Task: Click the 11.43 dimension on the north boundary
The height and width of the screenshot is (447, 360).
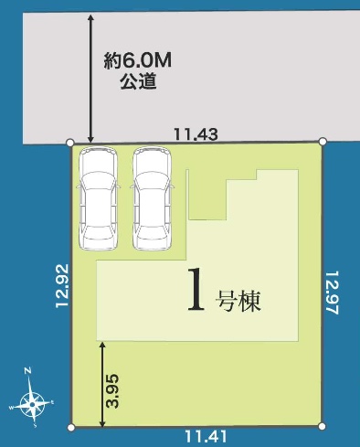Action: click(x=196, y=134)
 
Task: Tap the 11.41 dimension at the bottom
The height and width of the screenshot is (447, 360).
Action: click(x=206, y=436)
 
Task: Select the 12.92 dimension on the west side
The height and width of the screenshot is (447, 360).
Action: click(x=62, y=286)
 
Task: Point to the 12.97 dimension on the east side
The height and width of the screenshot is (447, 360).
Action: click(x=333, y=293)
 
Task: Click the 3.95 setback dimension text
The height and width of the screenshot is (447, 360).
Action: click(x=112, y=390)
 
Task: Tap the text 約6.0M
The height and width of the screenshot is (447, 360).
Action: click(x=137, y=60)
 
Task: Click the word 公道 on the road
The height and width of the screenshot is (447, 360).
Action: click(x=138, y=81)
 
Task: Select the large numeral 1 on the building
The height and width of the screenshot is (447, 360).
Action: click(x=196, y=290)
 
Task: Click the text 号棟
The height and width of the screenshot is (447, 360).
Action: click(x=238, y=302)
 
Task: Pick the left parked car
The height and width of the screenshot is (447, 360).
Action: click(x=98, y=198)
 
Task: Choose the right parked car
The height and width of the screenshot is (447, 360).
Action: click(x=152, y=198)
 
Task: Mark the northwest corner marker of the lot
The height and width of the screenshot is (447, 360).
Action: click(x=70, y=143)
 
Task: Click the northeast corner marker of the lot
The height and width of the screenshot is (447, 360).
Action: click(x=323, y=141)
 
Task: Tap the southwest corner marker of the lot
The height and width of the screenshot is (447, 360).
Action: click(x=71, y=428)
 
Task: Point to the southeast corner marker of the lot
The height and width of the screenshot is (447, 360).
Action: click(x=322, y=426)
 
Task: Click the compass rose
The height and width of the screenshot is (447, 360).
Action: click(x=31, y=404)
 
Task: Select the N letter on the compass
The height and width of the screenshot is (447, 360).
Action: click(x=27, y=371)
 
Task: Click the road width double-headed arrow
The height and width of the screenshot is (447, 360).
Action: click(x=90, y=78)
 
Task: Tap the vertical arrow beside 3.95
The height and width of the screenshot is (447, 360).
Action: click(x=102, y=384)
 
